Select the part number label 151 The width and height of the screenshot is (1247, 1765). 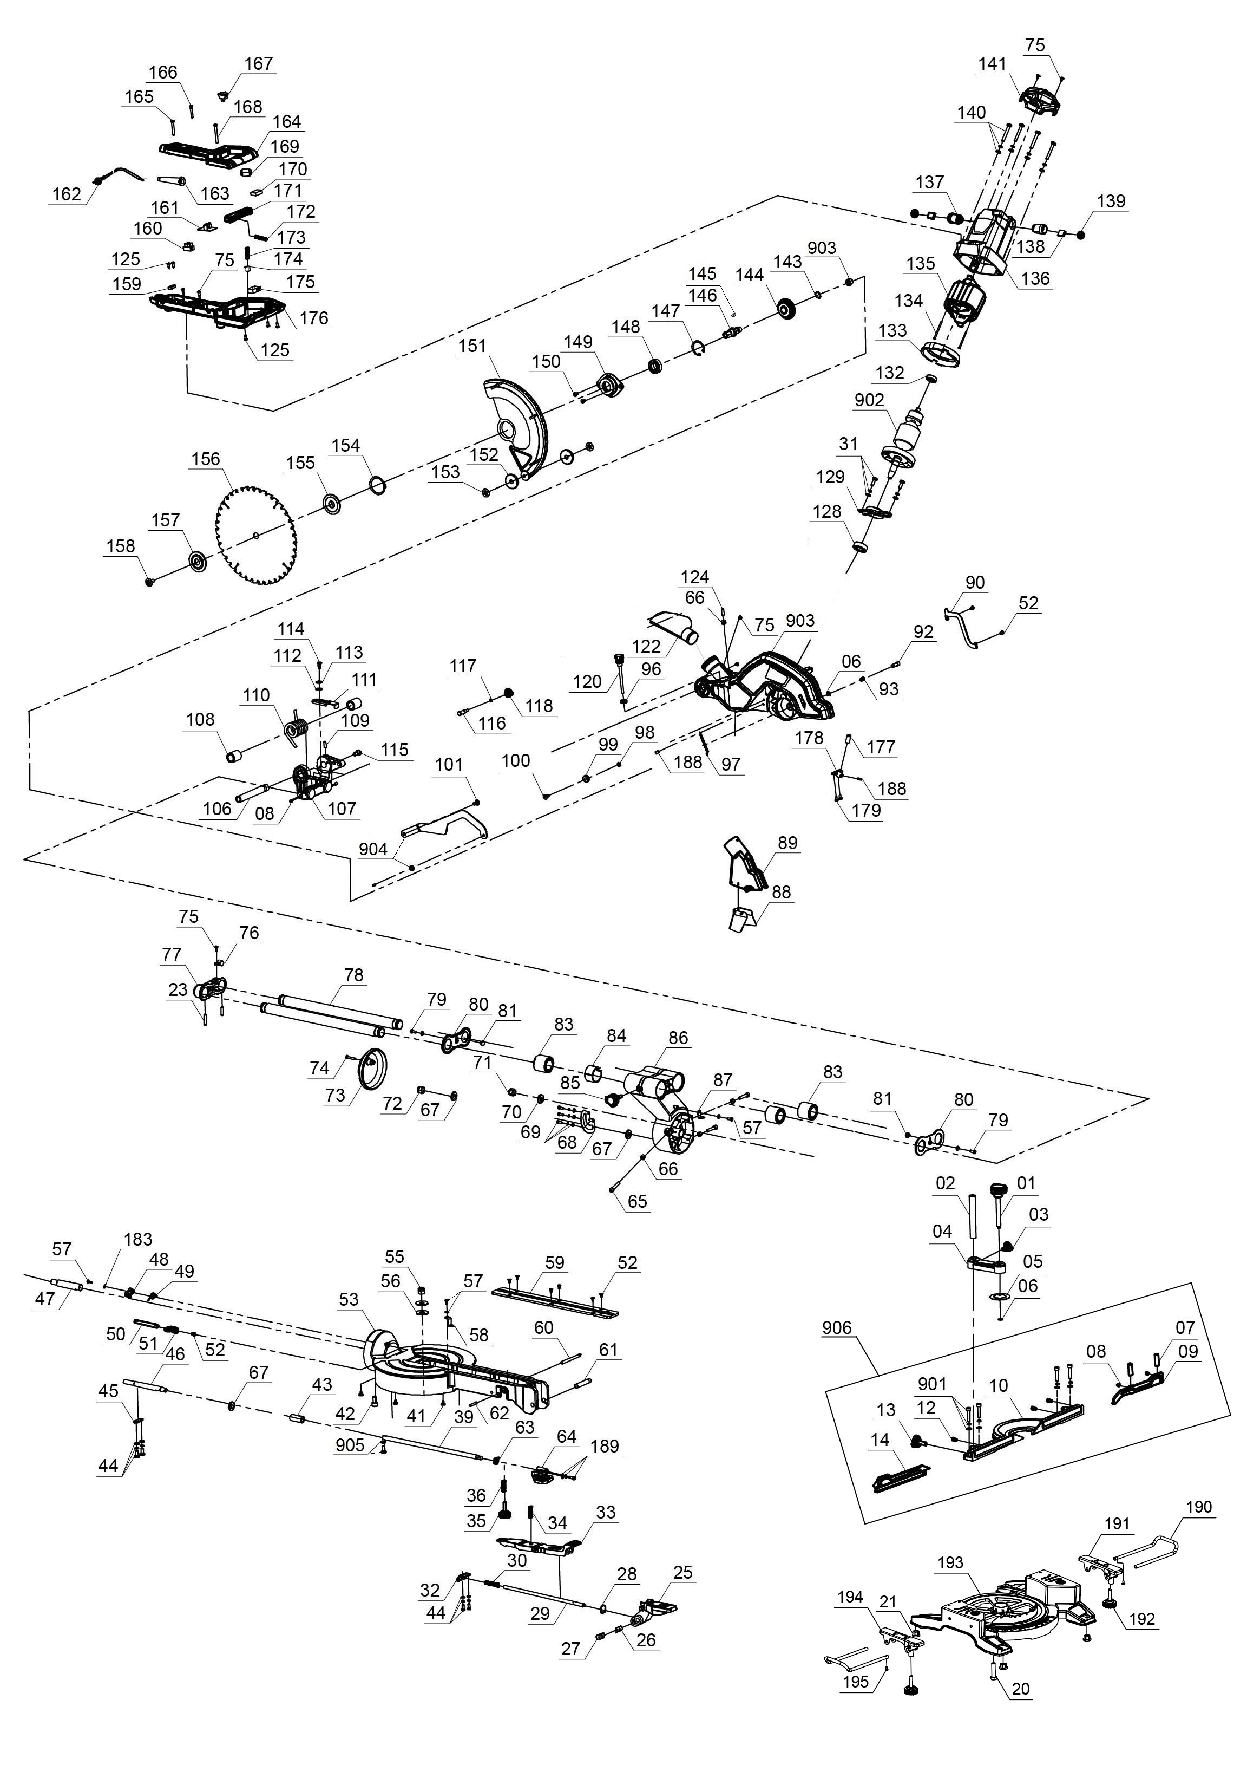click(472, 346)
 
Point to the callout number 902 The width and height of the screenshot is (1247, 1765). click(869, 400)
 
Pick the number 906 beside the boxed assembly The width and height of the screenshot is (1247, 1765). click(837, 1327)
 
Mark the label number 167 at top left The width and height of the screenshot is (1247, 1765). click(259, 63)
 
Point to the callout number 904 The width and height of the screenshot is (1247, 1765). click(373, 849)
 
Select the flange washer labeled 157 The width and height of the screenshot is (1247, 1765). click(198, 563)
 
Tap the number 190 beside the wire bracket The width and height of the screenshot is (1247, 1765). click(1199, 1507)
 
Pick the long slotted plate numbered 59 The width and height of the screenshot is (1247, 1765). click(555, 1301)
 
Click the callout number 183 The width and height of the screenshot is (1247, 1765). click(139, 1239)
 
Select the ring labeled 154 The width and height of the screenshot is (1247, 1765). click(377, 484)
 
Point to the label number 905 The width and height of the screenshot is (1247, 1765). click(350, 1445)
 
